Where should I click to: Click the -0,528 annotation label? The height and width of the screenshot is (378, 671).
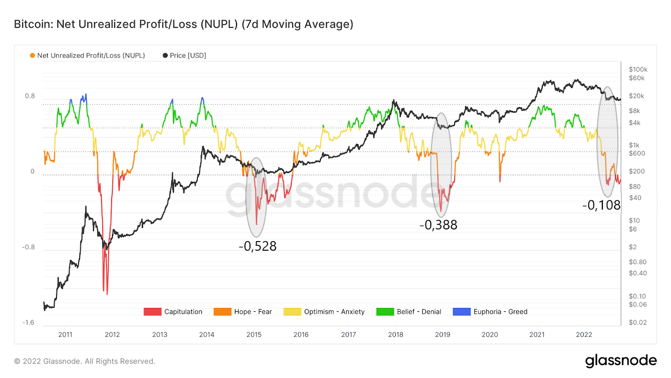pos(257,246)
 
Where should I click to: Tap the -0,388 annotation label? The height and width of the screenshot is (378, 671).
pos(438,225)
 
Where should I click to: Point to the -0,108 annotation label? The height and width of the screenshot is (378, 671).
pos(601,205)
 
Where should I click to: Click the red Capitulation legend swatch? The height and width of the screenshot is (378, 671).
pos(152,312)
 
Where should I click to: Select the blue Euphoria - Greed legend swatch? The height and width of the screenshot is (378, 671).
pos(461,312)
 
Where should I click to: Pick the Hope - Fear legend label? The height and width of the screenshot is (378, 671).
pos(253,312)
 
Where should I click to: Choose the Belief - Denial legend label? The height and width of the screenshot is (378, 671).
pos(419,312)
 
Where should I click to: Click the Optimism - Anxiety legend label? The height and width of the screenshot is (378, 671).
pos(334,312)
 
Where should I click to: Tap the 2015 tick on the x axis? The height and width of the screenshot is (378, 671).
pos(254,335)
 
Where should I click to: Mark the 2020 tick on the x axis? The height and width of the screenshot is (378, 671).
pos(489,335)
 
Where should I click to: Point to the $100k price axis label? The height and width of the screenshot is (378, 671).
pos(638,70)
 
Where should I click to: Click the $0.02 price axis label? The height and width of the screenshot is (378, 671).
pos(637,323)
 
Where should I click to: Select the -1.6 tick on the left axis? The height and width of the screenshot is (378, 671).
pos(28,323)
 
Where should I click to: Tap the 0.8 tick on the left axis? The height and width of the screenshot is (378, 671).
pos(30,96)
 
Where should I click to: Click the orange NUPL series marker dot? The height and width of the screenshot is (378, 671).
pos(32,55)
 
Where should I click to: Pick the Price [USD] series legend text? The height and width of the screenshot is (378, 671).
pos(187,55)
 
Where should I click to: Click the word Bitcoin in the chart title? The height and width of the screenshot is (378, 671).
pos(32,24)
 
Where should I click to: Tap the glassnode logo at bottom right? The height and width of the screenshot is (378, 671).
pos(621,361)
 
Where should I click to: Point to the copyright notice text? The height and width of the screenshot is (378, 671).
pos(85,361)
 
